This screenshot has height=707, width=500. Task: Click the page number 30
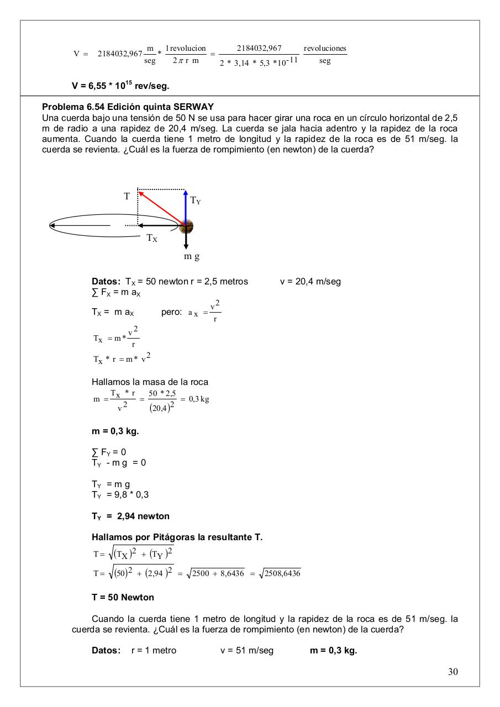(x=452, y=672)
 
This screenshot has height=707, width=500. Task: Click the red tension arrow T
(x=162, y=208)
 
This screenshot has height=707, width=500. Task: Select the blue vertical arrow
(x=186, y=207)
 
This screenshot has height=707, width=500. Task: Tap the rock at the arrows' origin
(x=187, y=225)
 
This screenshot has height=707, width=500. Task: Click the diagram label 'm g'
(x=192, y=256)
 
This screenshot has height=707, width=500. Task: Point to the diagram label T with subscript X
(x=152, y=238)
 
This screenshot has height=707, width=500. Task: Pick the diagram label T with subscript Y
(x=196, y=201)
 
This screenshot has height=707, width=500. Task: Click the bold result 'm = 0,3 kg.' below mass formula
(x=115, y=431)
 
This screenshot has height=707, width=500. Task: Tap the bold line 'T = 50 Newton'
(x=123, y=597)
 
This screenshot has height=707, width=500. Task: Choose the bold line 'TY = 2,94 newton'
(x=130, y=516)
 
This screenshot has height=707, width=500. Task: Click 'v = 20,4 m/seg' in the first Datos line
(x=310, y=281)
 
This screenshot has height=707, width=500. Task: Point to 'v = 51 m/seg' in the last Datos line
(x=246, y=650)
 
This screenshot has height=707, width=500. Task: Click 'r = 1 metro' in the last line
(x=154, y=650)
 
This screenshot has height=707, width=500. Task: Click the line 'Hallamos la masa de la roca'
(x=150, y=382)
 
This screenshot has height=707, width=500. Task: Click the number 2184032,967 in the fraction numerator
(x=259, y=48)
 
